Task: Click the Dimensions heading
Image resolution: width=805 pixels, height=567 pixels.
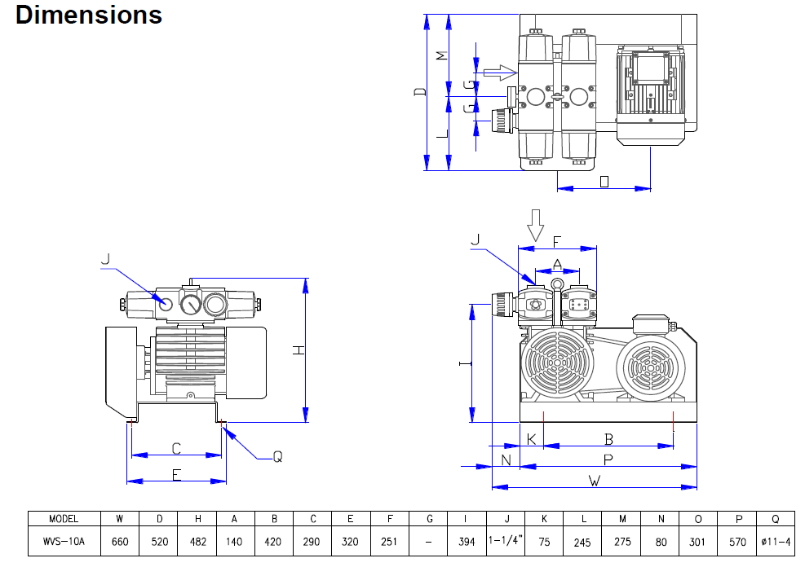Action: [x=89, y=15]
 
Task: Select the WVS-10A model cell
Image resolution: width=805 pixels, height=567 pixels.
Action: [x=64, y=540]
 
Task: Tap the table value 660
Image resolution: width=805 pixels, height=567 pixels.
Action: [x=121, y=540]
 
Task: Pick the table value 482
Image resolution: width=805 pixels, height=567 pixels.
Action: [x=197, y=540]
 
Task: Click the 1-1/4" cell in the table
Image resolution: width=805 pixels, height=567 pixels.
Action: [x=506, y=540]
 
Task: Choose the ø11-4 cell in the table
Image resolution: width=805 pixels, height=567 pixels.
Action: [x=776, y=540]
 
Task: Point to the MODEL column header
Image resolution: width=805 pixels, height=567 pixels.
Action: [x=64, y=519]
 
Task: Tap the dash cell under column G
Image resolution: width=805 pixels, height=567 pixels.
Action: [x=429, y=540]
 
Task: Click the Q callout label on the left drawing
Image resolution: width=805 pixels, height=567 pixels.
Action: [x=277, y=458]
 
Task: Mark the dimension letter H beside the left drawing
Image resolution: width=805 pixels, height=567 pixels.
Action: [x=299, y=350]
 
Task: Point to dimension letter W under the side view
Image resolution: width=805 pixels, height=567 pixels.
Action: [x=595, y=480]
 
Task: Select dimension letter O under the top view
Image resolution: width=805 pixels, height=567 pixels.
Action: [x=604, y=181]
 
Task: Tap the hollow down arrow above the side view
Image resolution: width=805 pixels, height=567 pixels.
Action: [x=534, y=224]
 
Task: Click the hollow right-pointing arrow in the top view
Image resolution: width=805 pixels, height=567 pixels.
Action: [x=494, y=73]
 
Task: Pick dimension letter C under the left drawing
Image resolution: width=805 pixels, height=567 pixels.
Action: [x=176, y=448]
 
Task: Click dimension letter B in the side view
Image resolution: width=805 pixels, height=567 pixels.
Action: [x=608, y=438]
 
